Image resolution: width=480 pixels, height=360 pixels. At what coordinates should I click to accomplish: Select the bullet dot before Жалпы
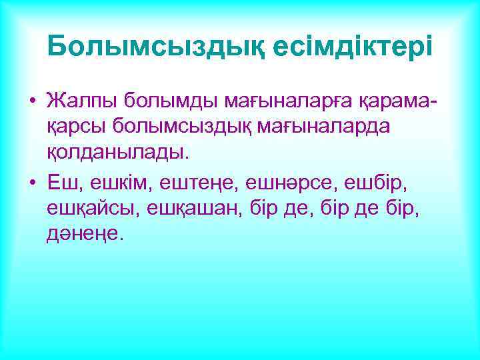point(31,103)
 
